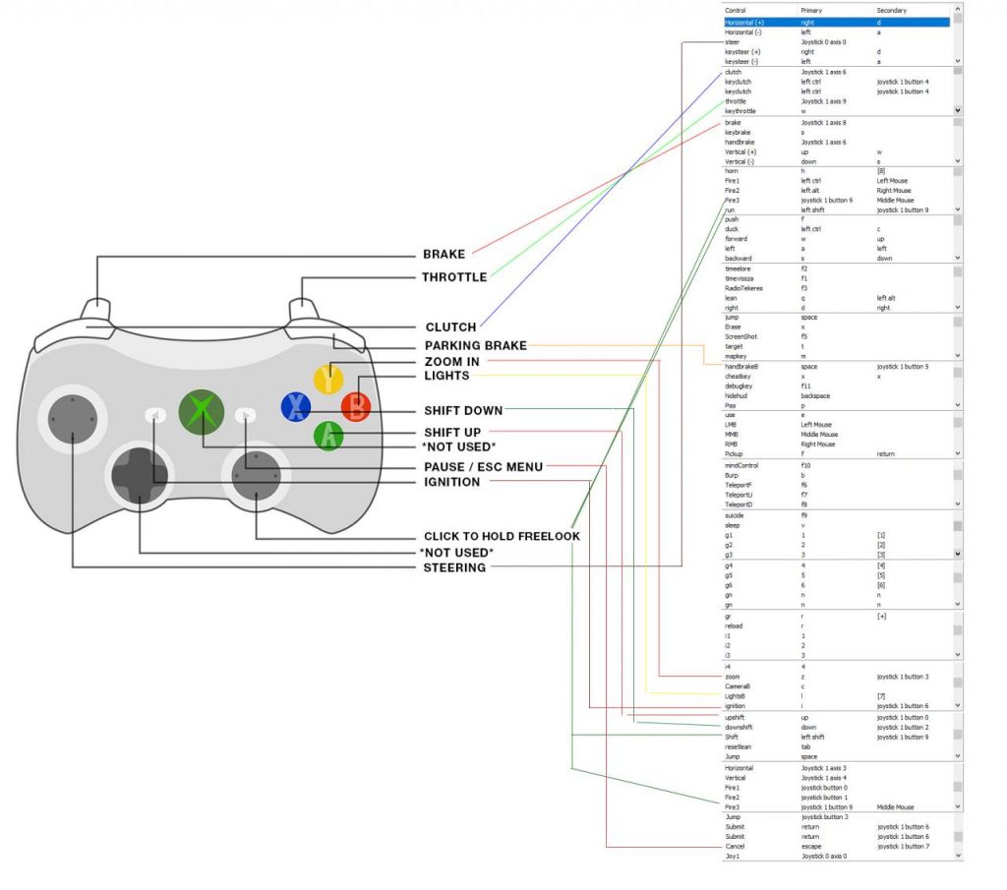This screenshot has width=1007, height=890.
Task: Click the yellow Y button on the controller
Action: [x=327, y=379]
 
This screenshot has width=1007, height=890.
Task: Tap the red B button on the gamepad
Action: [x=356, y=404]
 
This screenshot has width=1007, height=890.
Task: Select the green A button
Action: [x=328, y=435]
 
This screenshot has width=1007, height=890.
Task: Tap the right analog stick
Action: [x=257, y=475]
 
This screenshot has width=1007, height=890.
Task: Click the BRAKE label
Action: [x=444, y=254]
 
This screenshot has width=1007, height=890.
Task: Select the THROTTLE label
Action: [x=454, y=277]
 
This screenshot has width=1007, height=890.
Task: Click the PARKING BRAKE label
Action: [x=475, y=345]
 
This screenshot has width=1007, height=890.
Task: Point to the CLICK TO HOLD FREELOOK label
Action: [x=502, y=536]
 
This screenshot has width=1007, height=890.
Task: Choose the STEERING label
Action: [x=453, y=567]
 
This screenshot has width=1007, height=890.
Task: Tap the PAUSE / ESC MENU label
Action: [x=483, y=466]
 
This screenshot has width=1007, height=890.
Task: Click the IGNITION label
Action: [x=451, y=482]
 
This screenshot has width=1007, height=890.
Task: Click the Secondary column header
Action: [x=893, y=10]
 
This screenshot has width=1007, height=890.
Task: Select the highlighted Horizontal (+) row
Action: [x=836, y=22]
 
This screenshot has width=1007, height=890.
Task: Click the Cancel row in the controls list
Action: [x=736, y=846]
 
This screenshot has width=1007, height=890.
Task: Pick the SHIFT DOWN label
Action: [x=463, y=410]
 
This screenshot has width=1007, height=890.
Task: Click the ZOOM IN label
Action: [x=451, y=362]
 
